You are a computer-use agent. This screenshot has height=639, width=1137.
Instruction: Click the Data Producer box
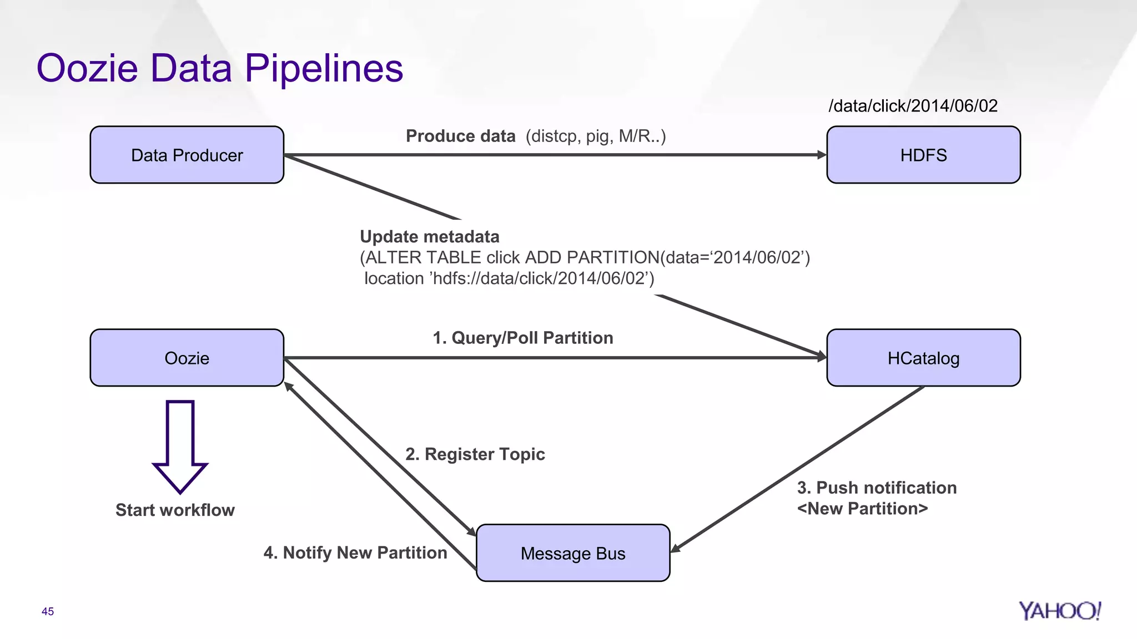point(187,155)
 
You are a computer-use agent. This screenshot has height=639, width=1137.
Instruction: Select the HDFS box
point(923,155)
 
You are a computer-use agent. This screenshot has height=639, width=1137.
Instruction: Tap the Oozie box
point(187,358)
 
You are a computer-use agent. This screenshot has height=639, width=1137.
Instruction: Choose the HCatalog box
point(923,358)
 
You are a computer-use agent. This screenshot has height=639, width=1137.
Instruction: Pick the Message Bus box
point(572,553)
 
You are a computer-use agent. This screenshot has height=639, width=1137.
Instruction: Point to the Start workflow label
point(175,510)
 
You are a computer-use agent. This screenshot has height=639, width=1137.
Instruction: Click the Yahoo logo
point(1059,611)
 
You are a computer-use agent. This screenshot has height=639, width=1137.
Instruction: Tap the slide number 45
point(48,611)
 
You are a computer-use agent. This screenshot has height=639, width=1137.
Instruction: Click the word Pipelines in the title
point(324,68)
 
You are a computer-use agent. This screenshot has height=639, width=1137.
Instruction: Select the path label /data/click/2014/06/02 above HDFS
point(913,105)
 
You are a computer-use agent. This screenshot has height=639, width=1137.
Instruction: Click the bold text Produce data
point(460,136)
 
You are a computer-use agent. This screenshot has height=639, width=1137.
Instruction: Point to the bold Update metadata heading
point(429,236)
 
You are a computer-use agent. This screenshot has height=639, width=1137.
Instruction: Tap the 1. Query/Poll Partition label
point(522,337)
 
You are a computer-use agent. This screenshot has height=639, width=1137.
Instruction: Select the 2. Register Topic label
point(475,454)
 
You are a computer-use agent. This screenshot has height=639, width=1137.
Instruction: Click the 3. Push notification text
point(877,488)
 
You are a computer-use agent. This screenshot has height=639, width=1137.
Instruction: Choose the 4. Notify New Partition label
point(355,552)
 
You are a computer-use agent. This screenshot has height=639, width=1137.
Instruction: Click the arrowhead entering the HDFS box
point(822,155)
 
